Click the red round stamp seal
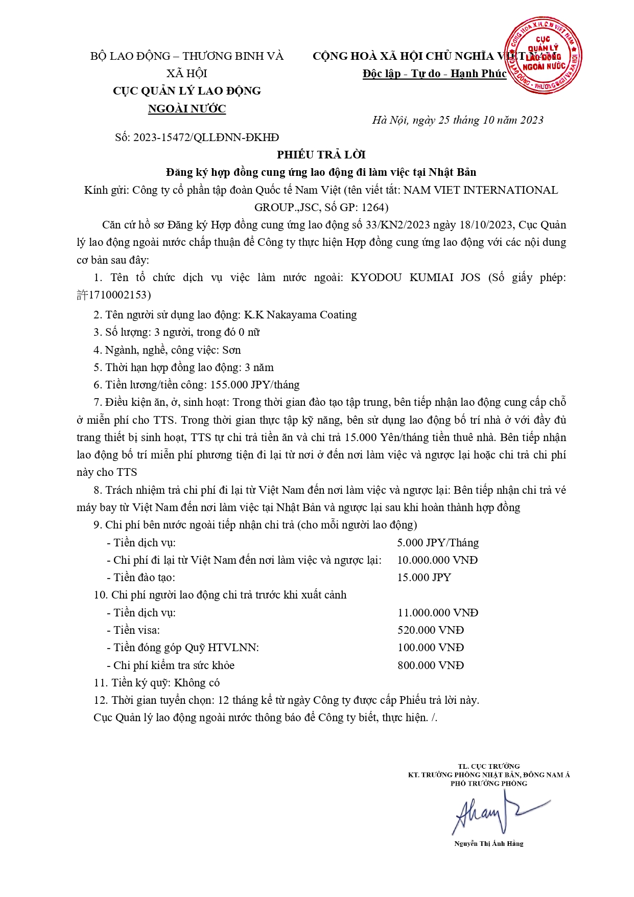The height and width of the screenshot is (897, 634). pyautogui.click(x=543, y=55)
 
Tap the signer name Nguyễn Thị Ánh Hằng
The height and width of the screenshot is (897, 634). pyautogui.click(x=488, y=843)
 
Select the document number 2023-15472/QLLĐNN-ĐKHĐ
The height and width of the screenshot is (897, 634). pyautogui.click(x=206, y=137)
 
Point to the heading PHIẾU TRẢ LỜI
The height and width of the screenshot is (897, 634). pyautogui.click(x=321, y=154)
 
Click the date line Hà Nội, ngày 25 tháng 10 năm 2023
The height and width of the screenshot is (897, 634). pyautogui.click(x=457, y=120)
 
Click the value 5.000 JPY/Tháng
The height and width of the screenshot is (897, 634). pyautogui.click(x=438, y=542)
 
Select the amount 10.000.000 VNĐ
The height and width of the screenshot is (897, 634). pyautogui.click(x=437, y=560)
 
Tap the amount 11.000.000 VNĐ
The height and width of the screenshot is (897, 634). pyautogui.click(x=437, y=612)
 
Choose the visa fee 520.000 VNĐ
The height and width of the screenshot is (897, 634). pyautogui.click(x=431, y=630)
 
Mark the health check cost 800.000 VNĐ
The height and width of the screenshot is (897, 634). pyautogui.click(x=431, y=665)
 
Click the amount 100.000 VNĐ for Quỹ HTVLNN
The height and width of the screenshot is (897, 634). pyautogui.click(x=431, y=647)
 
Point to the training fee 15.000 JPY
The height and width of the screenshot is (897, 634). pyautogui.click(x=424, y=577)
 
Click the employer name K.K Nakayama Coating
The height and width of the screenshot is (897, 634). pyautogui.click(x=300, y=314)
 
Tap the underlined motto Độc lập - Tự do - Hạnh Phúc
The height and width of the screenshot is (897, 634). pyautogui.click(x=434, y=74)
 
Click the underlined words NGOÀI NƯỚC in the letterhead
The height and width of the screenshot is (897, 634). pyautogui.click(x=186, y=108)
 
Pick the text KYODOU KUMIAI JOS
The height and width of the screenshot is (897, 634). pyautogui.click(x=415, y=278)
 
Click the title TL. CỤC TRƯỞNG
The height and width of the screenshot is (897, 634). pyautogui.click(x=488, y=766)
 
